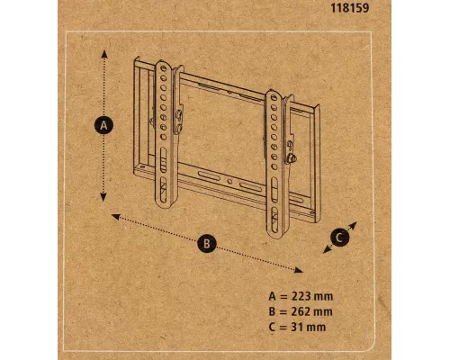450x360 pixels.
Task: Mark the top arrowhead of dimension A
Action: coord(104,53)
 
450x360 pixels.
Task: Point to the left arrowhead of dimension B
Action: coord(113,216)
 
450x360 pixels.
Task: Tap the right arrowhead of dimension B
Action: coord(301,268)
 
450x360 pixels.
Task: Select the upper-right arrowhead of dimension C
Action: coord(355,225)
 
